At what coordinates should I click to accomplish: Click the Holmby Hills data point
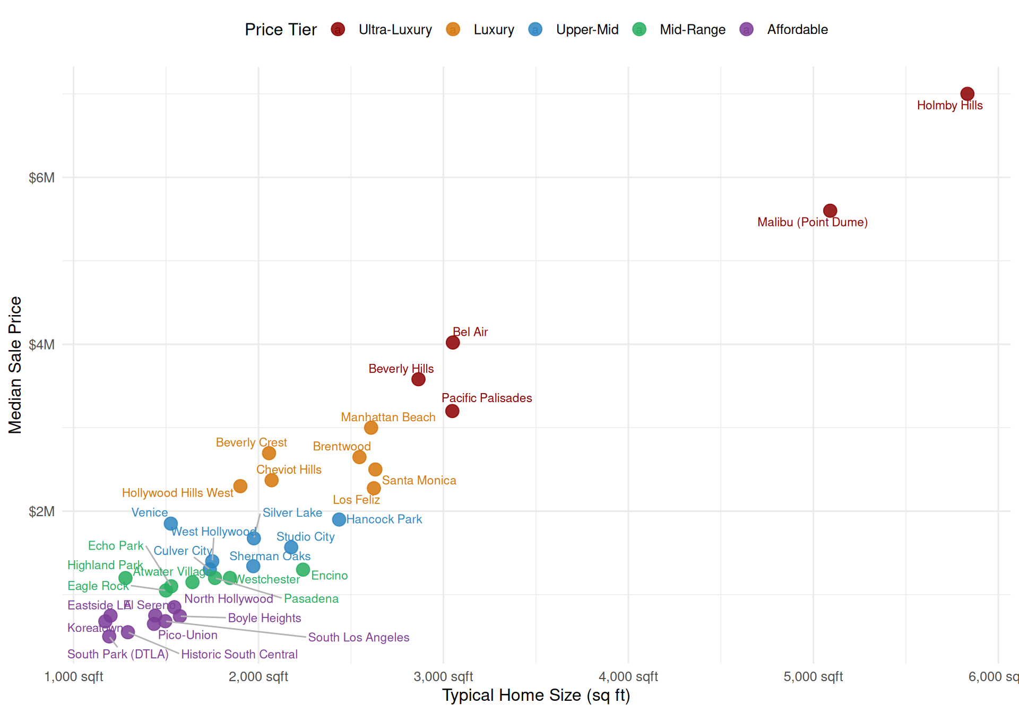[967, 94]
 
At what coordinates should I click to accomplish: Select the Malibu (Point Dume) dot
[830, 211]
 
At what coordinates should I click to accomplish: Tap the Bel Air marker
[453, 342]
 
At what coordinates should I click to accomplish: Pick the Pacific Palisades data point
[452, 411]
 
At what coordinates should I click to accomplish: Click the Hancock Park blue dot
[339, 519]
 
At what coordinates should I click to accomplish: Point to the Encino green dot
[303, 569]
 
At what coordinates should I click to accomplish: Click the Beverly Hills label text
[401, 369]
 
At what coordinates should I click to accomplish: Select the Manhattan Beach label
[388, 417]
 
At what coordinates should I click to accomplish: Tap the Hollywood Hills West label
[177, 493]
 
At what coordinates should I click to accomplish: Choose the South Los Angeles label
[358, 637]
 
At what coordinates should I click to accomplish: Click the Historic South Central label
[239, 654]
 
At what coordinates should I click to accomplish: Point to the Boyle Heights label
[264, 618]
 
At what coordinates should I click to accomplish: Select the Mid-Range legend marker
[640, 30]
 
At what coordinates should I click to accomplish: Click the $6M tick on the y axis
[41, 178]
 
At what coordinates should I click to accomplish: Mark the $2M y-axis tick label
[41, 511]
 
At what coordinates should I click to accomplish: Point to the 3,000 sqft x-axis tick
[443, 676]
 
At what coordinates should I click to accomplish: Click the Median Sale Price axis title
[15, 365]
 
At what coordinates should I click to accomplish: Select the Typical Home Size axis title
[536, 695]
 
